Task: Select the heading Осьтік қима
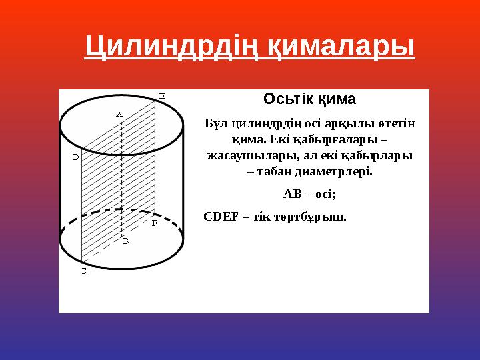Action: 309,100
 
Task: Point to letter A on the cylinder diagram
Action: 119,114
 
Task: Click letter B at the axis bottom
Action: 125,241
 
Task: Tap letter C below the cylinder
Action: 83,271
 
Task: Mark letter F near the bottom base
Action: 154,223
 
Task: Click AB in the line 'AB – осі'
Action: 292,194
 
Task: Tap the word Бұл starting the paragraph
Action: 216,124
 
